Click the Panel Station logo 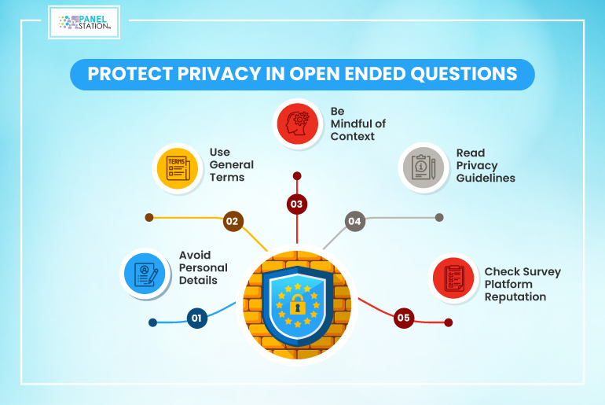pos(84,22)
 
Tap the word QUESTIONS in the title pos(464,74)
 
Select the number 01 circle pos(196,318)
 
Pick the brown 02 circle pos(233,221)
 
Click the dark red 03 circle pos(297,204)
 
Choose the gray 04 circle pos(354,221)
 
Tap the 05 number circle pos(404,318)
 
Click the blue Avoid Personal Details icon pos(145,274)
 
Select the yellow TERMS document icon pos(178,168)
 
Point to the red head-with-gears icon pos(298,124)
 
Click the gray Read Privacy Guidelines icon pos(423,168)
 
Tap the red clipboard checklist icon pos(453,278)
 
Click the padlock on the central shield pos(297,304)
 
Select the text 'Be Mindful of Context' pos(358,124)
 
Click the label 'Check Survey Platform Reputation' pos(522,284)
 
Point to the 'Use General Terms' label pos(232,165)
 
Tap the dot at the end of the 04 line pos(439,218)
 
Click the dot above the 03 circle pos(297,176)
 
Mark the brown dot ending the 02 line pos(149,218)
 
